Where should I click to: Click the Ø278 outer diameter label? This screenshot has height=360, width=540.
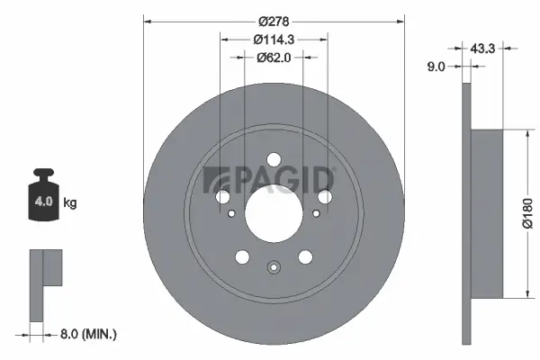point(274,21)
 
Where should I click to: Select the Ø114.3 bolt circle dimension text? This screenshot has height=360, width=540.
point(274,40)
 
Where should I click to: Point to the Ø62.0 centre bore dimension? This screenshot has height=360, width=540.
point(274,58)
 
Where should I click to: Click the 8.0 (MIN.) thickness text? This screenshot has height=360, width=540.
point(88,334)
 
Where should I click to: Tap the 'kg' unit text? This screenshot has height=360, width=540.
point(69,203)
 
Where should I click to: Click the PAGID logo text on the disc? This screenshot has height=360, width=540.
point(270,178)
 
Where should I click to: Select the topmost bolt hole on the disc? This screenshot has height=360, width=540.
point(274,158)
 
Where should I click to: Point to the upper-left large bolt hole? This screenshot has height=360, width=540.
point(221,196)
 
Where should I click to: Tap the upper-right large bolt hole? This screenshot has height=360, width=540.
point(326,196)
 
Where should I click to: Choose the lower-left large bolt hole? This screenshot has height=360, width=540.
point(241,258)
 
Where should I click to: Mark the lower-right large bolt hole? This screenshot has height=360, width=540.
point(306,258)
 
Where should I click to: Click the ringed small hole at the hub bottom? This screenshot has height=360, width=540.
point(274,266)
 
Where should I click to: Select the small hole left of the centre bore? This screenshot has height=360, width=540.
point(232,214)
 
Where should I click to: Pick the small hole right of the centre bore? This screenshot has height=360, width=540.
point(315,214)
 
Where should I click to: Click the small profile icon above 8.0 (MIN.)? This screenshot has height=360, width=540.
point(45,282)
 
